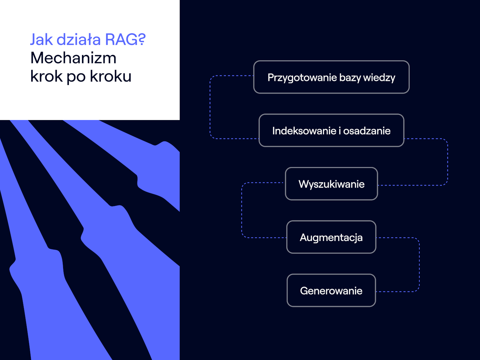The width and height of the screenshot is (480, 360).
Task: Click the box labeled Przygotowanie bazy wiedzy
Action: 331,77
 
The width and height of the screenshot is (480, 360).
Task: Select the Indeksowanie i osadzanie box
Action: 331,130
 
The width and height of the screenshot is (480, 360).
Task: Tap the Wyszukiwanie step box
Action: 331,184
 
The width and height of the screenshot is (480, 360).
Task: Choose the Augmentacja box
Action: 331,237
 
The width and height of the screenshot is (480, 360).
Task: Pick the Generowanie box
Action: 331,290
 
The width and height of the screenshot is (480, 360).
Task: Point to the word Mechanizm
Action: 73,58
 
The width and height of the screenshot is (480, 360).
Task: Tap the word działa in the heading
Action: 79,40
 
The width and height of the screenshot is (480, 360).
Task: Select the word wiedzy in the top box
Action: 379,78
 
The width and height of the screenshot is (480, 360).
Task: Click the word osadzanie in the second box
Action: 367,131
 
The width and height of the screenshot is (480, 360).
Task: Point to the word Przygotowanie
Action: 302,78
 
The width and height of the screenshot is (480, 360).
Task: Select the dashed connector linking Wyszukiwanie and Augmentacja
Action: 242,210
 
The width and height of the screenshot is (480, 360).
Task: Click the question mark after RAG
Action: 142,40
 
